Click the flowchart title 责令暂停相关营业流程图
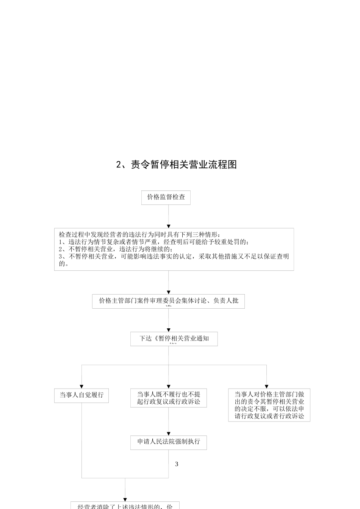pyautogui.click(x=176, y=165)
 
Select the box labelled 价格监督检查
pyautogui.click(x=166, y=197)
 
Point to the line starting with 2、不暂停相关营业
pyautogui.click(x=116, y=249)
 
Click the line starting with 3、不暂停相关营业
pyautogui.click(x=174, y=256)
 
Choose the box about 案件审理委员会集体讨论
pyautogui.click(x=168, y=301)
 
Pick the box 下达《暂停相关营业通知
pyautogui.click(x=174, y=339)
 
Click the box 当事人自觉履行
pyautogui.click(x=81, y=395)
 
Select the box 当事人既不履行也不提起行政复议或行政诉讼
pyautogui.click(x=169, y=398)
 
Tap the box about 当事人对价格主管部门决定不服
pyautogui.click(x=269, y=405)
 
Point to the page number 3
pyautogui.click(x=177, y=464)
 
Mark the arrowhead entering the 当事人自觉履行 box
pyautogui.click(x=81, y=387)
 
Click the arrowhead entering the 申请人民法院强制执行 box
pyautogui.click(x=169, y=434)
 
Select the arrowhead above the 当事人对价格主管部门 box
pyautogui.click(x=266, y=387)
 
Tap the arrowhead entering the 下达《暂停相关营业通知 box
pyautogui.click(x=169, y=331)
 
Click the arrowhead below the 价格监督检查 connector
pyautogui.click(x=169, y=226)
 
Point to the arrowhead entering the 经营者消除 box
pyautogui.click(x=125, y=500)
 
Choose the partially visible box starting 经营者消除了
pyautogui.click(x=125, y=506)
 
